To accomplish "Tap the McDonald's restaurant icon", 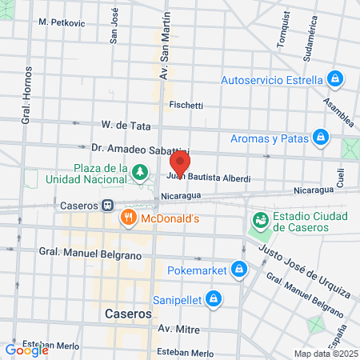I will (128, 218).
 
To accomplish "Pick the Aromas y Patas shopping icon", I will (321, 138).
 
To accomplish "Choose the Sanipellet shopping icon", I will (213, 299).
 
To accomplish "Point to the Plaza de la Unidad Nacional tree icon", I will (140, 171).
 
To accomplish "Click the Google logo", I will (26, 350).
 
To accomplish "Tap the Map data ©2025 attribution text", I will (325, 354).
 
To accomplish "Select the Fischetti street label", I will (186, 105).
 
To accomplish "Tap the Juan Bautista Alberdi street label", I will (210, 178).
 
